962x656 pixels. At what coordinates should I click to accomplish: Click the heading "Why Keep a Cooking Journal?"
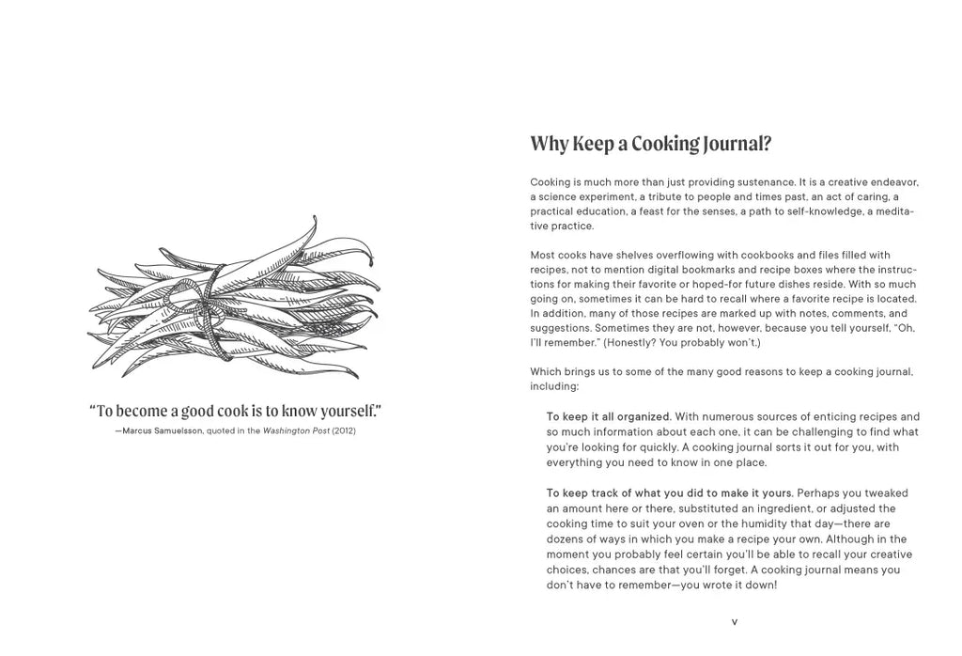pyautogui.click(x=650, y=144)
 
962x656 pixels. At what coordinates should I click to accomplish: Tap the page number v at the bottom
pyautogui.click(x=734, y=621)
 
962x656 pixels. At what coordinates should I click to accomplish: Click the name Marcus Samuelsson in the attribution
pyautogui.click(x=163, y=430)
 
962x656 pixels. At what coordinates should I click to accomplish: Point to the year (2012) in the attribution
pyautogui.click(x=344, y=430)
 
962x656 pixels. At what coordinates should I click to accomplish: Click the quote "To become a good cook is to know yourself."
pyautogui.click(x=235, y=411)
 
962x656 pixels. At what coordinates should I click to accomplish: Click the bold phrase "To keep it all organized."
pyautogui.click(x=609, y=416)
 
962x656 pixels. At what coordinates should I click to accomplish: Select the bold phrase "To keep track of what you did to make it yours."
pyautogui.click(x=670, y=492)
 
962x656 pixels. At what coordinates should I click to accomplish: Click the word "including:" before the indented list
pyautogui.click(x=554, y=386)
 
